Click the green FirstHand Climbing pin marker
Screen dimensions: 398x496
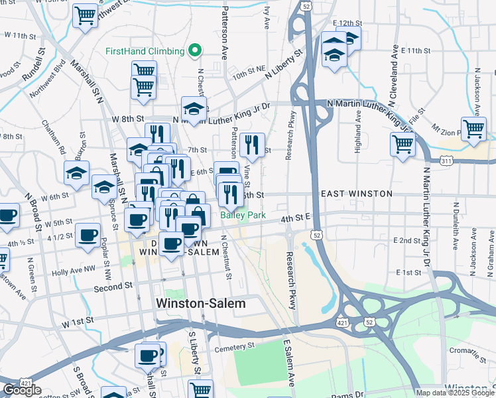point(194,50)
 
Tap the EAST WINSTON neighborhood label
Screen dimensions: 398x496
point(356,194)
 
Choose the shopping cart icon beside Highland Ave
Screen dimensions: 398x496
point(403,143)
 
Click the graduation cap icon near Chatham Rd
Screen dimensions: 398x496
point(77,172)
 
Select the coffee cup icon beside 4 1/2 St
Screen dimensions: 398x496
point(87,235)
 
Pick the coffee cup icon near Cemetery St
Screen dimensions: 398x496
point(147,355)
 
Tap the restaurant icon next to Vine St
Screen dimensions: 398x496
point(252,143)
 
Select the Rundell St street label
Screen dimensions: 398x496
point(34,61)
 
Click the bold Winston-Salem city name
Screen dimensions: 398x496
point(200,303)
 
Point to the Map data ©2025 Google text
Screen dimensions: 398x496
point(455,393)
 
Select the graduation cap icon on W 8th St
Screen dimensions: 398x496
point(194,109)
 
